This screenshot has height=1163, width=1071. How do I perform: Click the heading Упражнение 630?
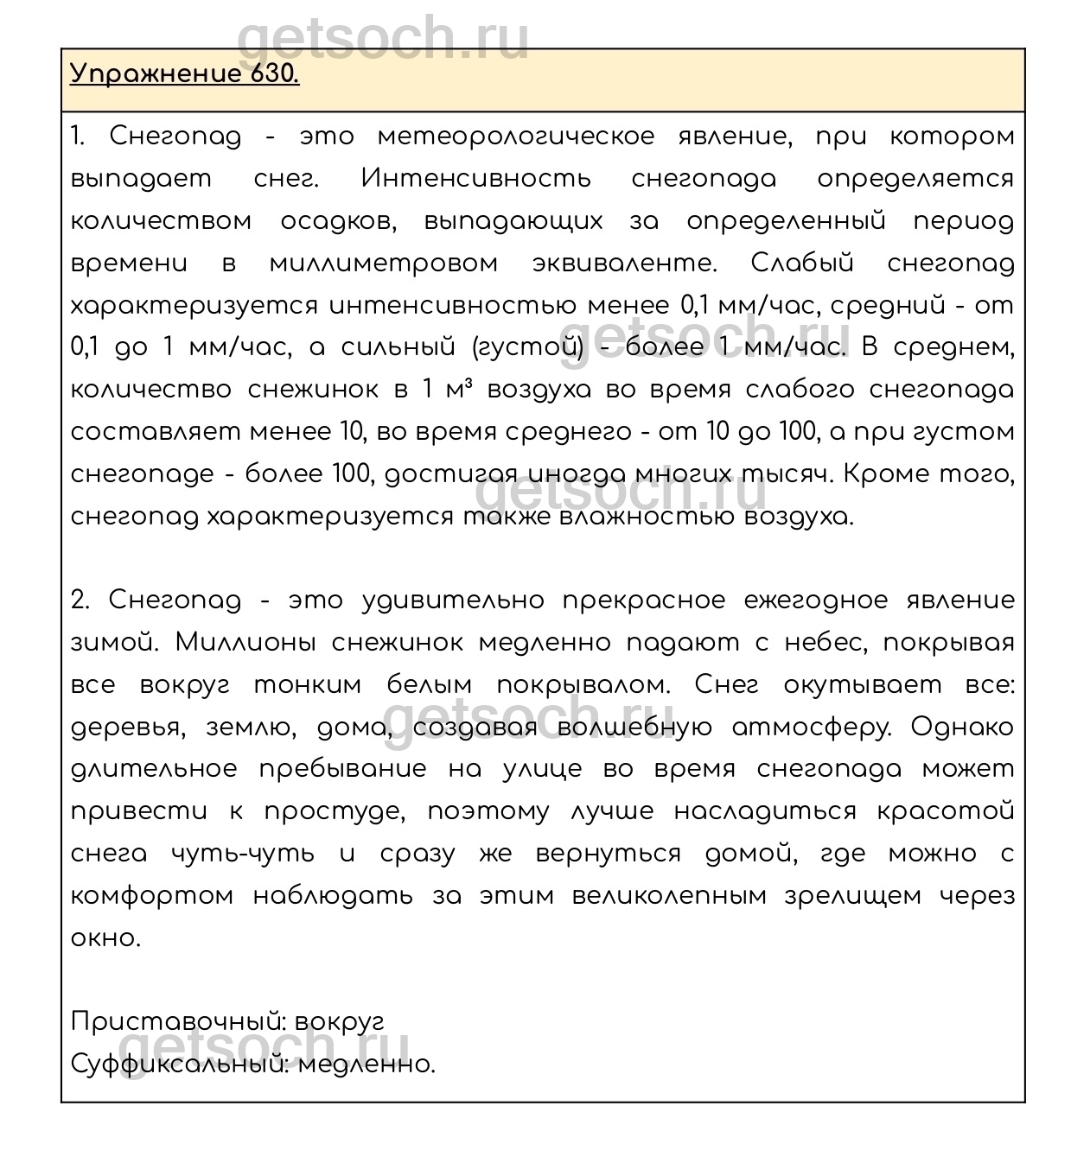click(x=184, y=74)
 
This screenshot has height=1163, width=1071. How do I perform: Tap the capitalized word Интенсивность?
click(x=476, y=179)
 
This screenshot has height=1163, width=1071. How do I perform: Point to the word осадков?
click(x=338, y=221)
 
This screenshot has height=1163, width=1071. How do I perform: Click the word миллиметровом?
click(x=383, y=264)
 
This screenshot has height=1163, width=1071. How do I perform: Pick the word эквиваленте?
click(x=625, y=264)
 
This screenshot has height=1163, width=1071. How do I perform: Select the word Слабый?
click(x=802, y=264)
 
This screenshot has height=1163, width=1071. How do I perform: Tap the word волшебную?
click(x=635, y=728)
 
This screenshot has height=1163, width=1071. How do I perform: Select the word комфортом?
click(x=152, y=896)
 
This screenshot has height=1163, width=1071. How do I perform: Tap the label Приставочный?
click(x=178, y=1022)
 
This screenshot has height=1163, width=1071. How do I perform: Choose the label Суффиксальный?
click(x=180, y=1064)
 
